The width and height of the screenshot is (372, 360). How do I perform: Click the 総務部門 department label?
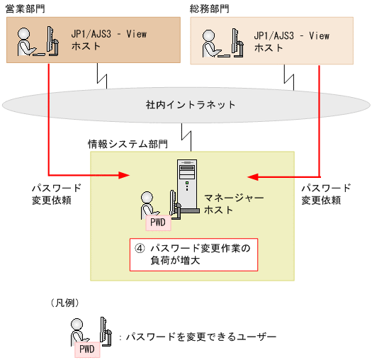(210, 8)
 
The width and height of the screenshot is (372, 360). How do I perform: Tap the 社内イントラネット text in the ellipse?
(186, 105)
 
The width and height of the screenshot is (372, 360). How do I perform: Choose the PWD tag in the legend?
(86, 348)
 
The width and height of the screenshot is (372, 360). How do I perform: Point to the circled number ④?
(140, 248)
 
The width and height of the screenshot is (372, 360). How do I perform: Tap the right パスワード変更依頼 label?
(326, 194)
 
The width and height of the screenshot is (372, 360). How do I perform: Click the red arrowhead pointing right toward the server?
(125, 174)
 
